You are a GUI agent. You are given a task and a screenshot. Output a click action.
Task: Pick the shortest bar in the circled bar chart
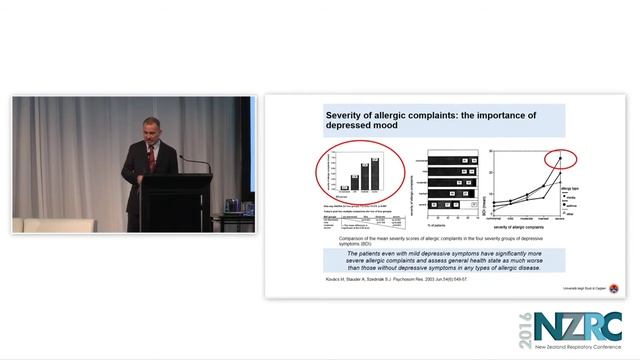344,187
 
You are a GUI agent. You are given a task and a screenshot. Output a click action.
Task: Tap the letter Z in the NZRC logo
577,325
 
